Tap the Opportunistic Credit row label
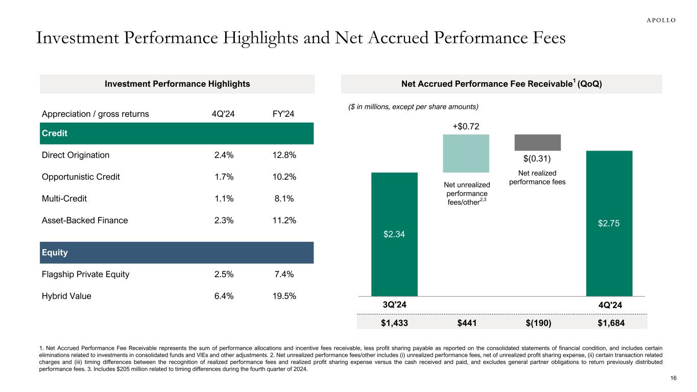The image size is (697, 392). click(x=81, y=177)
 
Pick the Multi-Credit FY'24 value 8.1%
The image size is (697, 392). click(x=284, y=199)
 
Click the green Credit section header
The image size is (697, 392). click(x=176, y=133)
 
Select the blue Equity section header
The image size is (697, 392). click(x=176, y=253)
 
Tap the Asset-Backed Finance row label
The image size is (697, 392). click(x=85, y=220)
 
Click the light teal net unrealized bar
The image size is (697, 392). click(x=466, y=153)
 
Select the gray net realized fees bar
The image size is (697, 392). click(x=537, y=142)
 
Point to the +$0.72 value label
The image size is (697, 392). click(x=466, y=125)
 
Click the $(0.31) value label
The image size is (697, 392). click(x=537, y=159)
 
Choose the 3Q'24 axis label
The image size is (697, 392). click(x=394, y=305)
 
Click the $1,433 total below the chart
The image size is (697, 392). click(x=394, y=323)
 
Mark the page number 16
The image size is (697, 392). click(x=673, y=378)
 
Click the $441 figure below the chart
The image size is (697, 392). click(x=466, y=323)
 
